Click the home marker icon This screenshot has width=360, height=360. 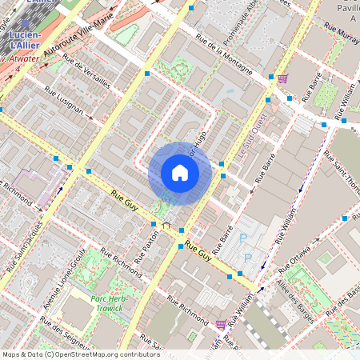pyautogui.click(x=179, y=173)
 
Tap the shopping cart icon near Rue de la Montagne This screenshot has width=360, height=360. pyautogui.click(x=282, y=78)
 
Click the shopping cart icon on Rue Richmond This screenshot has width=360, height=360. pyautogui.click(x=221, y=324)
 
